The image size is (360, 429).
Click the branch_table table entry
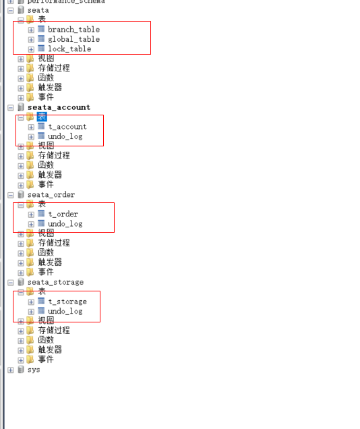point(73,30)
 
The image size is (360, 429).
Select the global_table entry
point(73,39)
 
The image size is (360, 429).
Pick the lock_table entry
point(69,49)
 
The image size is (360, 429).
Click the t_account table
point(67,127)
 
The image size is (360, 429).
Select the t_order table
point(63,214)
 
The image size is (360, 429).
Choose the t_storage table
point(67,302)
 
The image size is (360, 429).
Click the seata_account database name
point(59,107)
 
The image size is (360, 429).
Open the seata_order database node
point(51,195)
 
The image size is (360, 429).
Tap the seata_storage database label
point(55,282)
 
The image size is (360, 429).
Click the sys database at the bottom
point(34,370)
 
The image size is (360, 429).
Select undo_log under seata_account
point(65,136)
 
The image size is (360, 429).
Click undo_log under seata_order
point(65,224)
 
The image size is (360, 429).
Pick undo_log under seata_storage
point(65,312)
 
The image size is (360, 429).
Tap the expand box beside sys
point(10,370)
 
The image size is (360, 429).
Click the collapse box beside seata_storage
point(10,282)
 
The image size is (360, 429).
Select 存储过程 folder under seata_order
point(53,243)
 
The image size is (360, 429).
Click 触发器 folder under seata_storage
point(50,350)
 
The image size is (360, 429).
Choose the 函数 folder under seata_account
point(46,165)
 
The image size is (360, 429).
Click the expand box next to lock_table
point(31,49)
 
